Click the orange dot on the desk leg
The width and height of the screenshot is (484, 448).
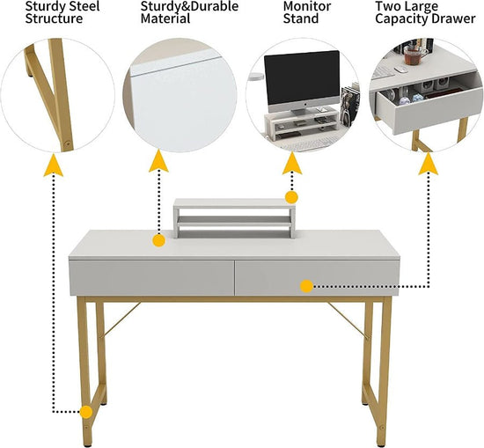(86, 411)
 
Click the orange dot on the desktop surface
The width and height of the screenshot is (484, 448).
(158, 239)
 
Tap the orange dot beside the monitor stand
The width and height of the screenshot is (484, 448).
(291, 197)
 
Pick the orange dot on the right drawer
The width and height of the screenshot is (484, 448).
(306, 285)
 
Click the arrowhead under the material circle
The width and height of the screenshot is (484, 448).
(158, 161)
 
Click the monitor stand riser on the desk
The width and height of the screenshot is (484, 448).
(233, 217)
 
